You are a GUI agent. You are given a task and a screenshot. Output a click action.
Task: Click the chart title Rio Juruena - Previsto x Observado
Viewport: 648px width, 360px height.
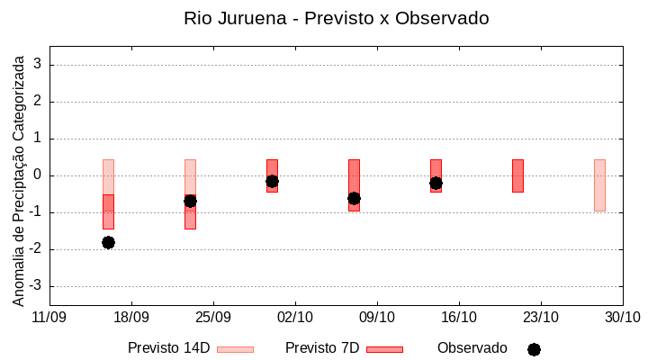click(x=336, y=18)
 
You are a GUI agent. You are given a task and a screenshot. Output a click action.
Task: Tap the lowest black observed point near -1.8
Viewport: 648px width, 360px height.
click(x=108, y=242)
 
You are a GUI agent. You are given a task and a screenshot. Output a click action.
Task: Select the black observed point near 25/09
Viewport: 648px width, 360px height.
click(x=190, y=201)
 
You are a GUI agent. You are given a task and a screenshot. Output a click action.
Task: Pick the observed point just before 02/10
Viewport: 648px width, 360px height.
click(x=272, y=181)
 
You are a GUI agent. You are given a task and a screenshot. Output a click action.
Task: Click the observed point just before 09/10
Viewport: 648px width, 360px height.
click(x=354, y=198)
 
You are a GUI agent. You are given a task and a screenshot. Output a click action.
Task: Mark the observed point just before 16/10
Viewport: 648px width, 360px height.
click(x=436, y=183)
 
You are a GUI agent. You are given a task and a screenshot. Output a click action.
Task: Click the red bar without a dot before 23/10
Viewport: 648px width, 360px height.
click(x=517, y=175)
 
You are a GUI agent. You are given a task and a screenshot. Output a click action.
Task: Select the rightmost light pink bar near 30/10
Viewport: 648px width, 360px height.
click(x=599, y=184)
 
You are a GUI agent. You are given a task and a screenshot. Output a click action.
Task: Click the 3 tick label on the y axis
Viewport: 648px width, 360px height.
click(x=39, y=65)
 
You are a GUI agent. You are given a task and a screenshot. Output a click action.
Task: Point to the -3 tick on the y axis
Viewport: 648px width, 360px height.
click(x=36, y=286)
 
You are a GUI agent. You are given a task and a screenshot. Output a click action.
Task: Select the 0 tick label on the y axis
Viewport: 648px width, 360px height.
click(x=39, y=175)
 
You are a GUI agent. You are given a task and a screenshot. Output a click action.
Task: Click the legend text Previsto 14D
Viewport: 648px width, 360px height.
click(x=168, y=348)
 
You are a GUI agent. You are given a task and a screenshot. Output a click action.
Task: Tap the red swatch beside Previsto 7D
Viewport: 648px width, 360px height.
click(x=384, y=349)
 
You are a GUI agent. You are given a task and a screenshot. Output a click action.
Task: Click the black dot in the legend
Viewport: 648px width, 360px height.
click(x=534, y=349)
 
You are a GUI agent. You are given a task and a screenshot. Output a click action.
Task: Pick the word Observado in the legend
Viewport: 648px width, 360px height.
click(x=472, y=348)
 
